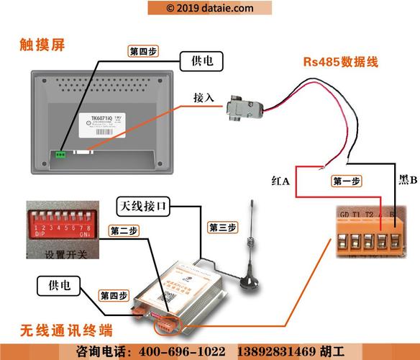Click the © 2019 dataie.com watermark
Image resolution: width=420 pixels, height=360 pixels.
[x=209, y=8]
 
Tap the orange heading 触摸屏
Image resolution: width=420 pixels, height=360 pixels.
[x=42, y=45]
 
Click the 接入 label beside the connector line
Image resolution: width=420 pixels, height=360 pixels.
[x=204, y=97]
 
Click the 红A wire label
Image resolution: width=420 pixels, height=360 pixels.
[x=280, y=181]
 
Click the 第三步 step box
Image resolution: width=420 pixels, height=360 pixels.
[x=222, y=227]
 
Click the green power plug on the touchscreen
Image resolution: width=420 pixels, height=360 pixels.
[x=60, y=153]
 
